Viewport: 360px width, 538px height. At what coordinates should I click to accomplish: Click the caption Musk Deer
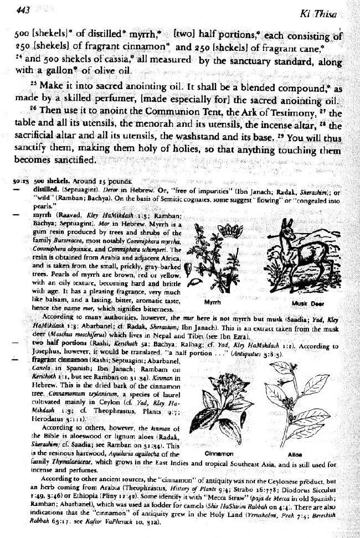(304, 303)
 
